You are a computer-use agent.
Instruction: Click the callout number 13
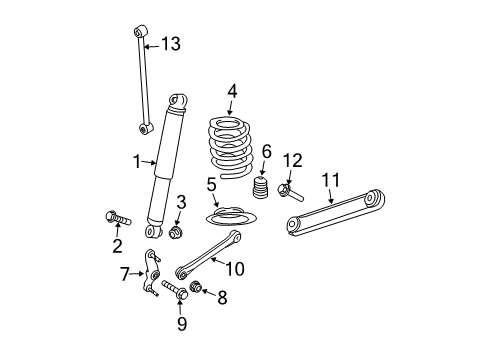pos(172,44)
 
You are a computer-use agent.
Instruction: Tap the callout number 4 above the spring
pos(232,92)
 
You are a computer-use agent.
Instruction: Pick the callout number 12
pos(291,161)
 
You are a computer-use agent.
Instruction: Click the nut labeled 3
pos(178,233)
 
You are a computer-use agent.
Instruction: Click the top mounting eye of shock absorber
pos(179,101)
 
